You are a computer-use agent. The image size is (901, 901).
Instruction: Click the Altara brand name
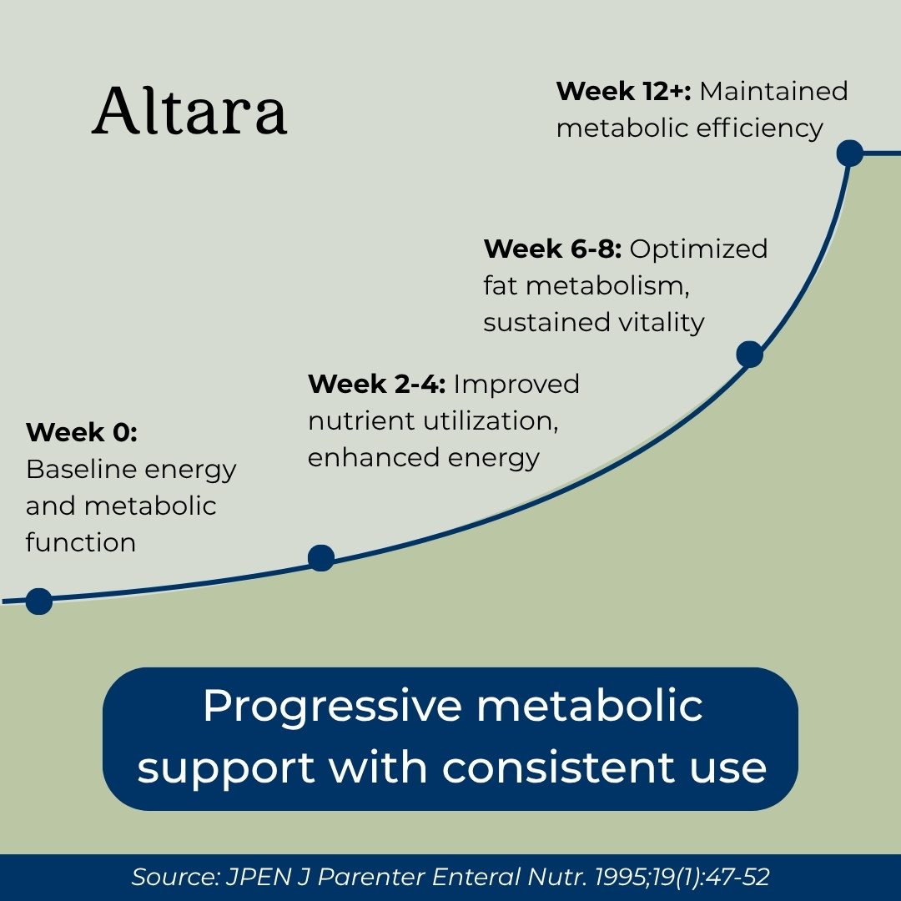pyautogui.click(x=189, y=111)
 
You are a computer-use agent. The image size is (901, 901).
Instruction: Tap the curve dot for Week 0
pyautogui.click(x=39, y=601)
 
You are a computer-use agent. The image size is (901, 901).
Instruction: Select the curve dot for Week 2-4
pyautogui.click(x=321, y=558)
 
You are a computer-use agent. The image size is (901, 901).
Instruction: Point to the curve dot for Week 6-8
pyautogui.click(x=749, y=354)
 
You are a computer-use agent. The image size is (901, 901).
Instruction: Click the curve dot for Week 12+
pyautogui.click(x=850, y=154)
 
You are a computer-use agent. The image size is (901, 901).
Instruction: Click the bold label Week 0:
pyautogui.click(x=82, y=432)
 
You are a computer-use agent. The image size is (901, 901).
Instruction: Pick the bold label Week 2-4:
pyautogui.click(x=376, y=384)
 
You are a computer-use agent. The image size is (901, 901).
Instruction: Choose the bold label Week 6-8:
pyautogui.click(x=552, y=249)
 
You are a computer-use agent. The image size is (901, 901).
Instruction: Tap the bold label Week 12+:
pyautogui.click(x=623, y=91)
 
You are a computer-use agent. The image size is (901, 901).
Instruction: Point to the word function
pyautogui.click(x=81, y=542)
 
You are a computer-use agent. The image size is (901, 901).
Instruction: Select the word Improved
pyautogui.click(x=516, y=384)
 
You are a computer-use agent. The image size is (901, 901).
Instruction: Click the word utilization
pyautogui.click(x=491, y=420)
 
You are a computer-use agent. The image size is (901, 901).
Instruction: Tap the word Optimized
pyautogui.click(x=698, y=249)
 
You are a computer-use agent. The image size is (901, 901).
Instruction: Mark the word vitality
pyautogui.click(x=661, y=322)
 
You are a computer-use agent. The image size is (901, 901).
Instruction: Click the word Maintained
pyautogui.click(x=773, y=91)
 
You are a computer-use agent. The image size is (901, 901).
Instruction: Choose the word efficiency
pyautogui.click(x=760, y=128)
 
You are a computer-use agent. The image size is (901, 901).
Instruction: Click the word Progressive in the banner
pyautogui.click(x=333, y=707)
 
